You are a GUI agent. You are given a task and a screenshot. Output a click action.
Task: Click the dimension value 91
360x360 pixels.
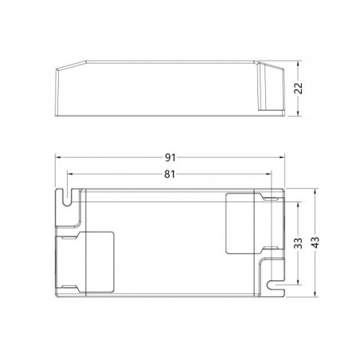170,158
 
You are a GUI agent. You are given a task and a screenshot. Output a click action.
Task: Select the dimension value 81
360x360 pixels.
170,174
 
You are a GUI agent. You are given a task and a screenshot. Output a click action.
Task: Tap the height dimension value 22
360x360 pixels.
299,88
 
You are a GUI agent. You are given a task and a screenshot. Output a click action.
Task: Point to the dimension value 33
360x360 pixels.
298,243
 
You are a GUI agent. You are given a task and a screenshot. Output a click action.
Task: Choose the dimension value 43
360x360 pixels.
315,242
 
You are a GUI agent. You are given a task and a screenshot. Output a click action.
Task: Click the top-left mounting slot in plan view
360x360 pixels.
68,198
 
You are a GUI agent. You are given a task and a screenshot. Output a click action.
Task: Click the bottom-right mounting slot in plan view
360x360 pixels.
276,285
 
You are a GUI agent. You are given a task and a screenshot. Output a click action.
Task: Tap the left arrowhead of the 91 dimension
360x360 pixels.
58,158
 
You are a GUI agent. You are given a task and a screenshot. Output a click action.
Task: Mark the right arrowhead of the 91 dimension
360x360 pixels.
281,158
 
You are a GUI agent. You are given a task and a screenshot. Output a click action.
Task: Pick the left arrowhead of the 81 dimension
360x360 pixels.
71,174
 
